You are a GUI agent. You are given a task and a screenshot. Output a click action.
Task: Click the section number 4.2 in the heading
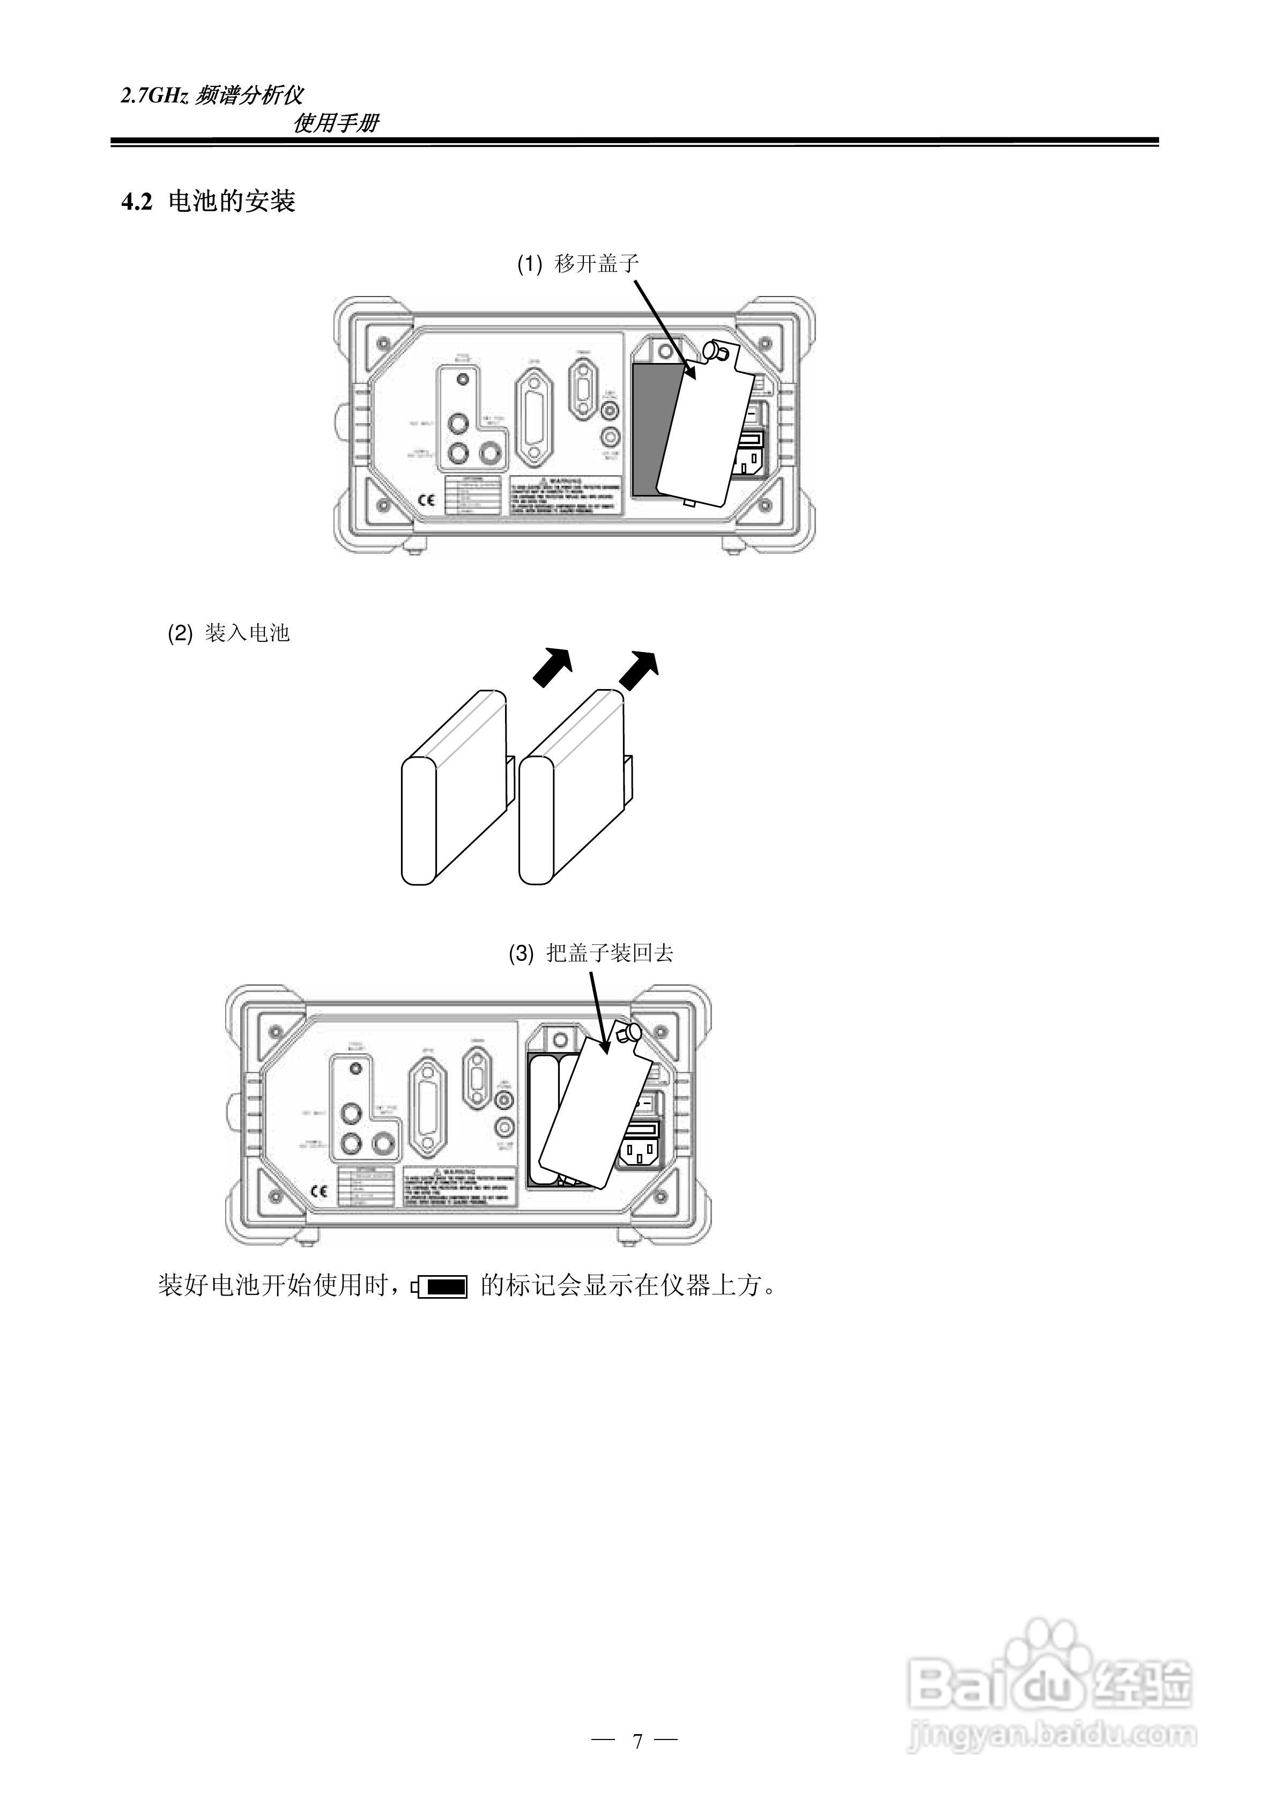tap(135, 203)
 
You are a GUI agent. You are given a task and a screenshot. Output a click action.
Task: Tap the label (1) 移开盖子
tap(577, 263)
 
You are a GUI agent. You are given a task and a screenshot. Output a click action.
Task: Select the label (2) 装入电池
tap(228, 633)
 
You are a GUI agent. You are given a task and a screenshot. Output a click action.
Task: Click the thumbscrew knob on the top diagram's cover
tap(717, 351)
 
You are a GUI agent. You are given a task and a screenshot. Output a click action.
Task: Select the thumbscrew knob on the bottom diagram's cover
tap(628, 1033)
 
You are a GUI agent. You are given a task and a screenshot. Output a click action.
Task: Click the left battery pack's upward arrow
tap(553, 666)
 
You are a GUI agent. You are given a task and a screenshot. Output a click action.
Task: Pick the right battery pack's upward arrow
tap(638, 669)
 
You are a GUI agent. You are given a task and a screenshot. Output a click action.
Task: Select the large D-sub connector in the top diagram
tap(533, 418)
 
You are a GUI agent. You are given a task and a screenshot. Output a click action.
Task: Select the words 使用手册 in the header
tap(336, 123)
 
